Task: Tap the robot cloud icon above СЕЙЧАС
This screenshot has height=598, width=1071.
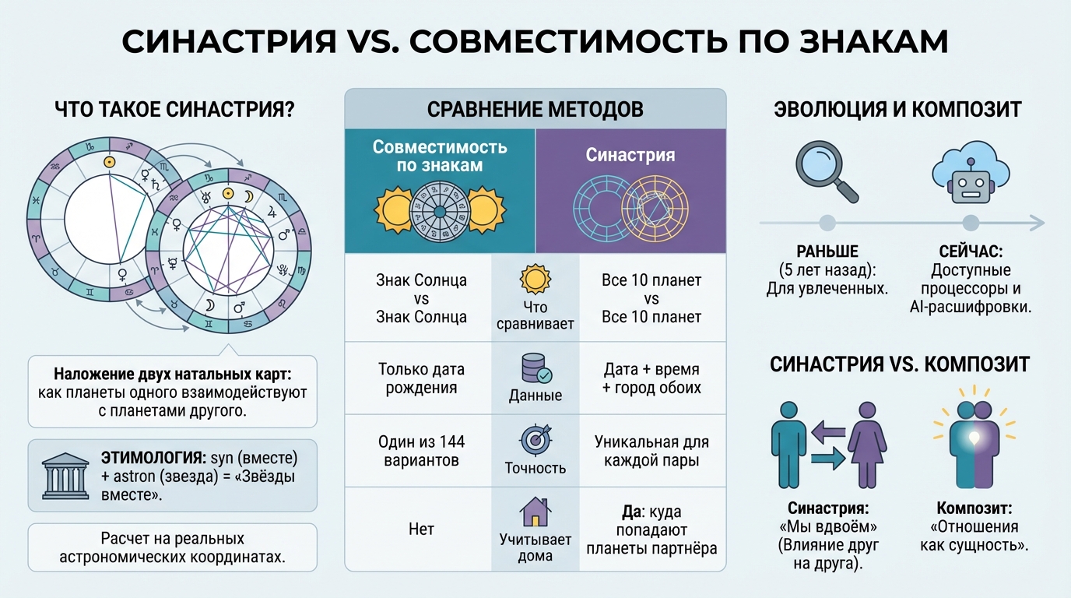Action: pyautogui.click(x=971, y=172)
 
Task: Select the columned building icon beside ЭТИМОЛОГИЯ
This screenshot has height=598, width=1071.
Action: pyautogui.click(x=65, y=476)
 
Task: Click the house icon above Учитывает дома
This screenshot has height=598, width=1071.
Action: pyautogui.click(x=535, y=512)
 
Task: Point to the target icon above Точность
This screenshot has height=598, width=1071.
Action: pyautogui.click(x=535, y=438)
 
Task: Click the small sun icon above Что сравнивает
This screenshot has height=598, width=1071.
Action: pyautogui.click(x=535, y=279)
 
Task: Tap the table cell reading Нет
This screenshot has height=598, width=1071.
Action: pyautogui.click(x=421, y=529)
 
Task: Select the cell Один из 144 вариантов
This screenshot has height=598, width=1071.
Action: pyautogui.click(x=421, y=451)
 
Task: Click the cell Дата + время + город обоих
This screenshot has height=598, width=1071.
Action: pyautogui.click(x=651, y=378)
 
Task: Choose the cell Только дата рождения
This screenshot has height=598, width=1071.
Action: pyautogui.click(x=421, y=378)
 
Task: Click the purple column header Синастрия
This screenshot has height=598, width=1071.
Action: pyautogui.click(x=630, y=191)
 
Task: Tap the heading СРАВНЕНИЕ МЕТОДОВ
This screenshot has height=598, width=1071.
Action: pyautogui.click(x=535, y=110)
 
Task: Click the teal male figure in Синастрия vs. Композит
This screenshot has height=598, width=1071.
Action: pyautogui.click(x=788, y=445)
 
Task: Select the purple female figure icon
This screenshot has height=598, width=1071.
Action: pyautogui.click(x=867, y=445)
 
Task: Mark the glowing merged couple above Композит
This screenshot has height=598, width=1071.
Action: pyautogui.click(x=974, y=438)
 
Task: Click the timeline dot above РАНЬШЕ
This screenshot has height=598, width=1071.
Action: pyautogui.click(x=827, y=223)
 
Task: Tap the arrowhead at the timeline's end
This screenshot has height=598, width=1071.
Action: pyautogui.click(x=1037, y=223)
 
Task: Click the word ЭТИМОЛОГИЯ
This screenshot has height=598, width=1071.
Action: pyautogui.click(x=153, y=458)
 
